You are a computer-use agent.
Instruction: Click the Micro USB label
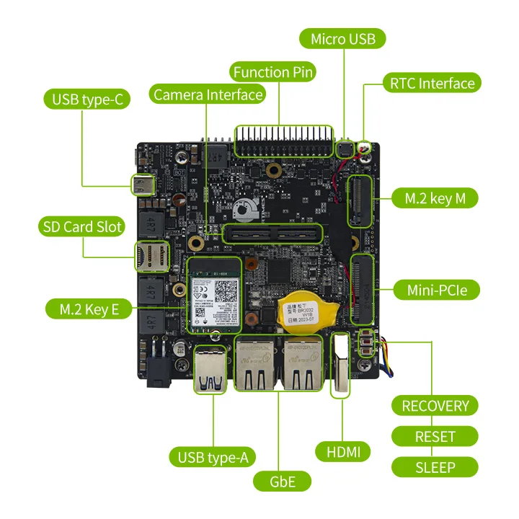(343, 38)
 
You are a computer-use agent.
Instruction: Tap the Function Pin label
(274, 72)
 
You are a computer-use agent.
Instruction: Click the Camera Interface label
(208, 94)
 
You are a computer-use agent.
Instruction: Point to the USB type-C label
(87, 99)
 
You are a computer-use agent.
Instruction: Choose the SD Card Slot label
(81, 226)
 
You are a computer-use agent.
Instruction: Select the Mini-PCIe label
(435, 290)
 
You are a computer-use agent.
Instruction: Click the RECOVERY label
(435, 405)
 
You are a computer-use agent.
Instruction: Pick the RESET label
(435, 436)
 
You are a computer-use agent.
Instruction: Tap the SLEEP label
(435, 467)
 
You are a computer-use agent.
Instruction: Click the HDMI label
(343, 452)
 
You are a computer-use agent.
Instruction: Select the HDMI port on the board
(341, 364)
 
